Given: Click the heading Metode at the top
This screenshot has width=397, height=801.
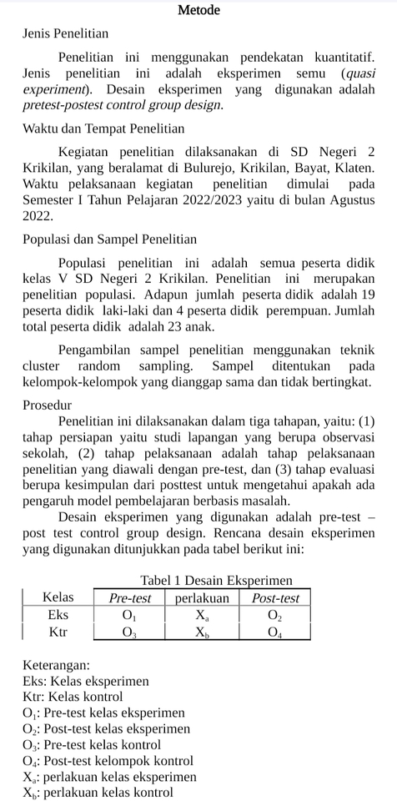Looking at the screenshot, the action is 198,11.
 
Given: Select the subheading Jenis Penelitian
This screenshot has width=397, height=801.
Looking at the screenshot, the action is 65,35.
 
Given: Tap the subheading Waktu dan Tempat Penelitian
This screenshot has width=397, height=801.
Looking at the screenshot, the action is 103,129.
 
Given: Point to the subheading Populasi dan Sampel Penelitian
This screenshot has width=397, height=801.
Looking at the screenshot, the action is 110,240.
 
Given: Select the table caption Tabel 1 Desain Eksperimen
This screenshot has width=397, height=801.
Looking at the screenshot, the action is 216,580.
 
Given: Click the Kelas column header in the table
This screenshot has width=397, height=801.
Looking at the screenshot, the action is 58,597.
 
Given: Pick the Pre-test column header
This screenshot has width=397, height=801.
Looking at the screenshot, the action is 130,597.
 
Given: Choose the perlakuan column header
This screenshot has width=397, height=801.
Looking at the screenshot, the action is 203,597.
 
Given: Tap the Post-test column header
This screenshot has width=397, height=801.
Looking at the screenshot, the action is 275,597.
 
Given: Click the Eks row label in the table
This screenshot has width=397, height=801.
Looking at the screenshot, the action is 58,614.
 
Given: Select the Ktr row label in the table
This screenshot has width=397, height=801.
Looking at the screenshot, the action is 58,632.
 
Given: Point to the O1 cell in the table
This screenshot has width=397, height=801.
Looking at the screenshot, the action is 129,615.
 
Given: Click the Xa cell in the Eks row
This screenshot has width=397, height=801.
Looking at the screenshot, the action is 203,615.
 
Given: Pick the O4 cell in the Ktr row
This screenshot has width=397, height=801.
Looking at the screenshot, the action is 275,632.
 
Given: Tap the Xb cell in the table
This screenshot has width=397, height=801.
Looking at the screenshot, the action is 203,632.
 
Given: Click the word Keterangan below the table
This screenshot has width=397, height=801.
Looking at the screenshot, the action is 57,666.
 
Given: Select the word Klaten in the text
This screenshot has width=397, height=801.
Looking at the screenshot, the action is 354,167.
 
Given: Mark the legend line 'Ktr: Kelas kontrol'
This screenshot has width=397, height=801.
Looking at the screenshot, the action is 73,697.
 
